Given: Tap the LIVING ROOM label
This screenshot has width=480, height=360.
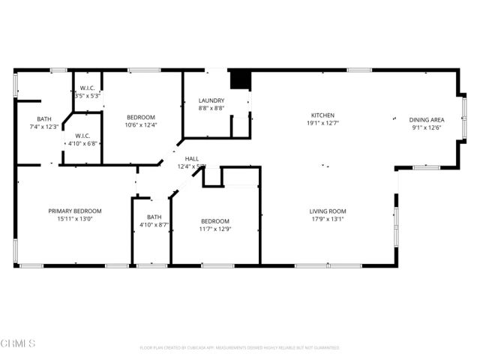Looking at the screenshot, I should click(328, 211).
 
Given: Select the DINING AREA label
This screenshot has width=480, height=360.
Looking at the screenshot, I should click(427, 120).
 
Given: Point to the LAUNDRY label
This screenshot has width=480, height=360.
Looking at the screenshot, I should click(212, 100).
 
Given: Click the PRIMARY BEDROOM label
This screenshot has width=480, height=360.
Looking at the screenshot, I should click(75, 211).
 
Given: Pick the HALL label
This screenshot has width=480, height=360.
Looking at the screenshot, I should click(192, 159).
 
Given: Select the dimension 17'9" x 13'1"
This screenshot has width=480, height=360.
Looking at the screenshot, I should click(328, 219).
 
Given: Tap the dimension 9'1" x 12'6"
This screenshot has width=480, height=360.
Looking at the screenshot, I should click(427, 127).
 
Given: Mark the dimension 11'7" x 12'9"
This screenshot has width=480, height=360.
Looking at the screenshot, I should click(215, 229).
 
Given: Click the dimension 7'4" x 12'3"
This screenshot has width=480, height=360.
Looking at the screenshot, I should click(44, 127).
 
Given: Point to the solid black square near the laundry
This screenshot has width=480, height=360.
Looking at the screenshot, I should click(239, 79).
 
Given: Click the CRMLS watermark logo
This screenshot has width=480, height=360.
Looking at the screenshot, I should click(18, 343).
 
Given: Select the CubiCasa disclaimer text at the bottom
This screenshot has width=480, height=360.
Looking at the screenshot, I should click(239, 348).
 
